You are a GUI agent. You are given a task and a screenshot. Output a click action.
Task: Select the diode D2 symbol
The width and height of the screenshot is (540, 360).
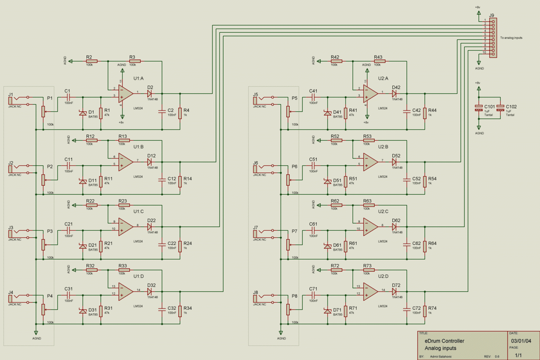tap(149, 93)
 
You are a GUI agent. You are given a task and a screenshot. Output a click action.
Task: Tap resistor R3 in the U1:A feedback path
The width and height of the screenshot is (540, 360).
tap(135, 61)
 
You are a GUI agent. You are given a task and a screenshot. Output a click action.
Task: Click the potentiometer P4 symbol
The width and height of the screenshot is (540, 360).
tap(43, 309)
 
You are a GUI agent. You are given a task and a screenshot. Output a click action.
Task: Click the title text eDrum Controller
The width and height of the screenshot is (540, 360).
tap(445, 341)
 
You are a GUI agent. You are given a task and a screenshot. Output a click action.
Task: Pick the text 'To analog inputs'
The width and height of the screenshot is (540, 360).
tap(511, 38)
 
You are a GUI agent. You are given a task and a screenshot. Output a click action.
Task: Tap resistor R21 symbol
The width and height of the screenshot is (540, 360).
tap(101, 246)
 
